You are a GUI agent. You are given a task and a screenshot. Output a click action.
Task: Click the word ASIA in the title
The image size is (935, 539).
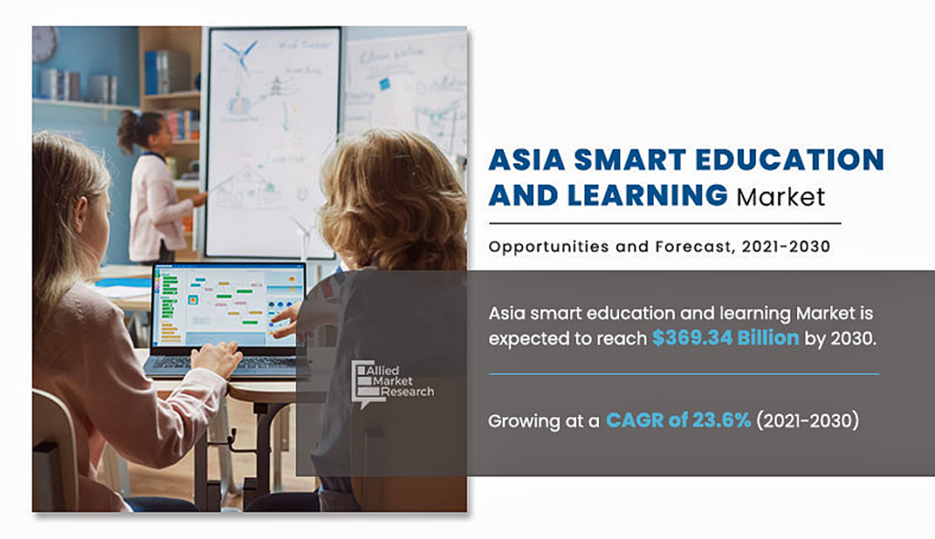click(x=527, y=160)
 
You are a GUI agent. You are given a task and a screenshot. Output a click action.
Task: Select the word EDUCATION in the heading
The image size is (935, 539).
click(x=790, y=160)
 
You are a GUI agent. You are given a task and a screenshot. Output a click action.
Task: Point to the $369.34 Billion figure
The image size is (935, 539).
click(x=726, y=337)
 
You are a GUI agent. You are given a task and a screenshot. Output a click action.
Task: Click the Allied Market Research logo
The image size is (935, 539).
click(x=393, y=383)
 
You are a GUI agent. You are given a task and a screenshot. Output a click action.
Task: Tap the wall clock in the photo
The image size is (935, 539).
click(x=44, y=44)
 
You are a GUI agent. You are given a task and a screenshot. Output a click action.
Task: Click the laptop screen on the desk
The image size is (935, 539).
click(x=228, y=305)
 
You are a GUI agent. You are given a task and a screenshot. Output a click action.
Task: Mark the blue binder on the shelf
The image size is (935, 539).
click(x=152, y=72)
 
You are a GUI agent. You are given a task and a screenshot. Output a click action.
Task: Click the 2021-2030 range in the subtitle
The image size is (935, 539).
click(x=786, y=246)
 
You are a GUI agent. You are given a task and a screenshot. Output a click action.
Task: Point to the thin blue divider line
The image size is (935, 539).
click(x=684, y=374)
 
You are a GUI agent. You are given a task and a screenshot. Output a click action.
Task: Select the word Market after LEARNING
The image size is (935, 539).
click(x=782, y=197)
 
